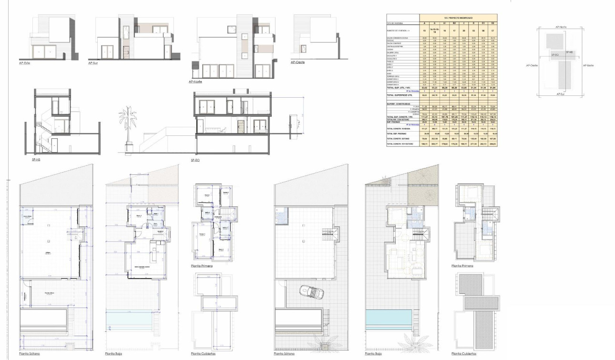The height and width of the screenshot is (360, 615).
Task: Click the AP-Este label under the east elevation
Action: [24, 63]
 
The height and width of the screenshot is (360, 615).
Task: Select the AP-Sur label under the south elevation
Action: [93, 63]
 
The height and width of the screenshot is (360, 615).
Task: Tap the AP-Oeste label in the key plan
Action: [532, 65]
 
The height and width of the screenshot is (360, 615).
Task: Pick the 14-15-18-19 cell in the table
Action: [434, 30]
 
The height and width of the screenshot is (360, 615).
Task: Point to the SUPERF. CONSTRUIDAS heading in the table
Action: [400, 103]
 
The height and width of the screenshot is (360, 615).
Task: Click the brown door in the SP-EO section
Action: [241, 127]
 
